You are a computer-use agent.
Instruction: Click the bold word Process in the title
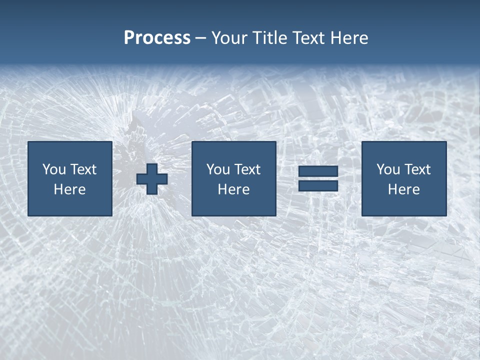tap(157, 38)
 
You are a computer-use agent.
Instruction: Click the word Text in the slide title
tap(308, 38)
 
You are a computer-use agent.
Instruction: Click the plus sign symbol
tap(152, 179)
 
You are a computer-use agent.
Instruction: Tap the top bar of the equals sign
tap(318, 171)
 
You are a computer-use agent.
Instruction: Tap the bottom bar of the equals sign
tap(318, 186)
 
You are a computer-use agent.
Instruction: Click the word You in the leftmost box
tap(54, 169)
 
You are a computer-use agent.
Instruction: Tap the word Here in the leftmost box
tap(70, 189)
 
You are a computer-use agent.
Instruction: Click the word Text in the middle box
tap(247, 169)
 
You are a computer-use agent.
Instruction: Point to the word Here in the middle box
tap(234, 189)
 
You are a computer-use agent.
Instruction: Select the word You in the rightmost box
tap(388, 169)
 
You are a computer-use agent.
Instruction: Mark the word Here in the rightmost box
tap(404, 189)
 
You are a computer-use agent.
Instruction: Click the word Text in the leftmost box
tap(83, 169)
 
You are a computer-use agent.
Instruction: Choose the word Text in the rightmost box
tap(417, 169)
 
